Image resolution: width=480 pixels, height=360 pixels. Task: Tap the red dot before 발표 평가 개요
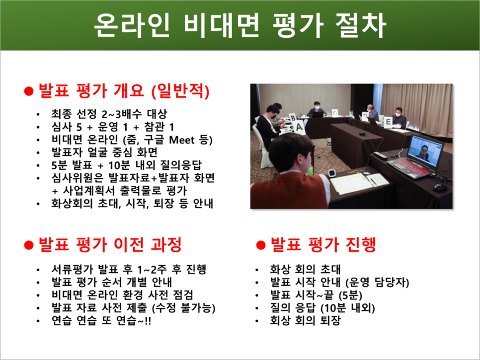tap(29, 91)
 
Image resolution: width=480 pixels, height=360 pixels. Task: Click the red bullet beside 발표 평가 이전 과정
tap(29, 244)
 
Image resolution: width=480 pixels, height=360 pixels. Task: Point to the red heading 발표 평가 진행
tap(322, 244)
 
